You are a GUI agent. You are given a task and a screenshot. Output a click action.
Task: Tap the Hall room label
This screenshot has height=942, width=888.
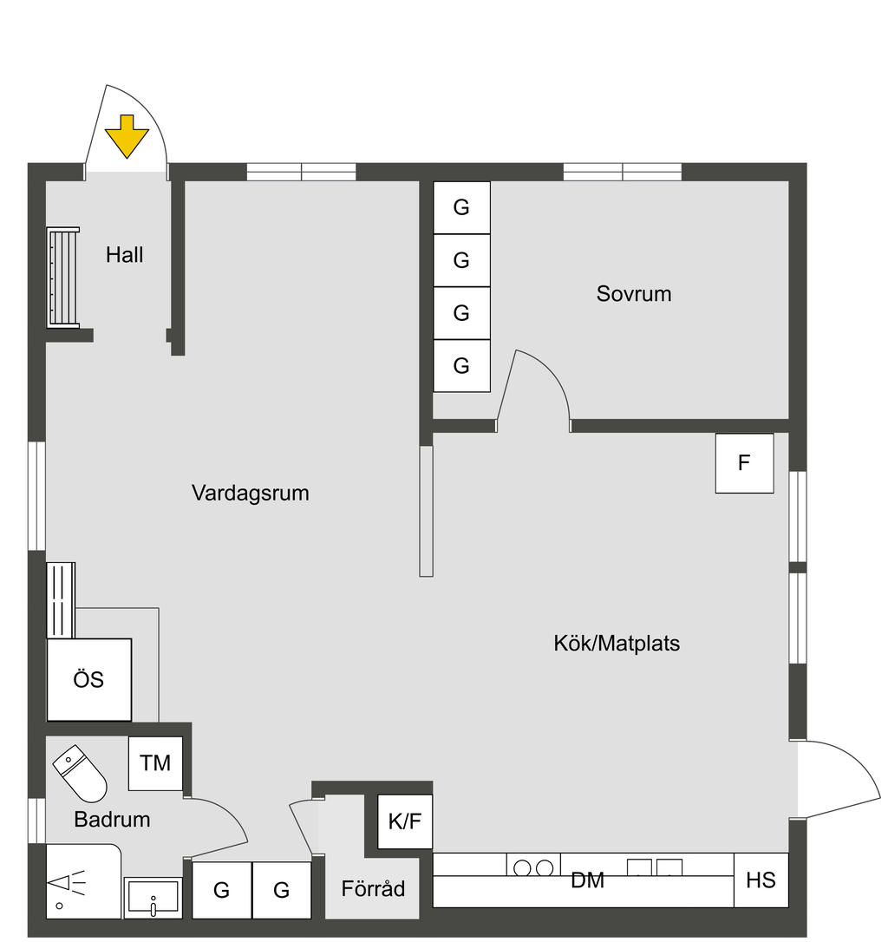(125, 255)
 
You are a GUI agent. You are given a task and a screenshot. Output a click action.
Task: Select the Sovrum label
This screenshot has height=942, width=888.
(634, 293)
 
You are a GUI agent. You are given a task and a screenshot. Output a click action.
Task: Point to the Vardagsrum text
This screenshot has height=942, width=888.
(251, 494)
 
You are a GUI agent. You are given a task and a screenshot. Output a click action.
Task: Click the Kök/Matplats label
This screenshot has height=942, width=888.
(617, 644)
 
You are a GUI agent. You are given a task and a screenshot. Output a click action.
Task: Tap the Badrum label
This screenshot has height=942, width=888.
(112, 819)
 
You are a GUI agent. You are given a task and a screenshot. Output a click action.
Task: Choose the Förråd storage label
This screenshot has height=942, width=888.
(373, 889)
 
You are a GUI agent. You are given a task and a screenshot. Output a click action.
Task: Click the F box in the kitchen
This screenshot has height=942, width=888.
(744, 463)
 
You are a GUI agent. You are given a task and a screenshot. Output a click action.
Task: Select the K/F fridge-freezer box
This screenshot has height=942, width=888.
(404, 821)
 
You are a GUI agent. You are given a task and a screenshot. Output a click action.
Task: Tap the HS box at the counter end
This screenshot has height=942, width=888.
(761, 880)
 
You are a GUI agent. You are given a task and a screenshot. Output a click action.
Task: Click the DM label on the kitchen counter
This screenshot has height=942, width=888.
(587, 881)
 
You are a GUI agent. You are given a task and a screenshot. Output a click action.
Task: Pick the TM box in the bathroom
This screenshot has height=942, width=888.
(155, 763)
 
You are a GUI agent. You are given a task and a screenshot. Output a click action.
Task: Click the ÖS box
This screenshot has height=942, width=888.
(88, 680)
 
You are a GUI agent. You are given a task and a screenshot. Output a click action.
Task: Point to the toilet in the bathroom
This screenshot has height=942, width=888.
(80, 773)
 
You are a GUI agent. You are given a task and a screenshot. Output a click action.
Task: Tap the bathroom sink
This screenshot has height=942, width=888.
(153, 898)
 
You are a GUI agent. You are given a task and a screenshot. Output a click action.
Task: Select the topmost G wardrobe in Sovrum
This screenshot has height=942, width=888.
(461, 207)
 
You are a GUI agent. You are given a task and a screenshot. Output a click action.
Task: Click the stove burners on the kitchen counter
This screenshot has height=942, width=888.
(533, 867)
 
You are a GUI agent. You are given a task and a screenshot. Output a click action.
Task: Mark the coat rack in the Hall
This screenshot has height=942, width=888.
(63, 277)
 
